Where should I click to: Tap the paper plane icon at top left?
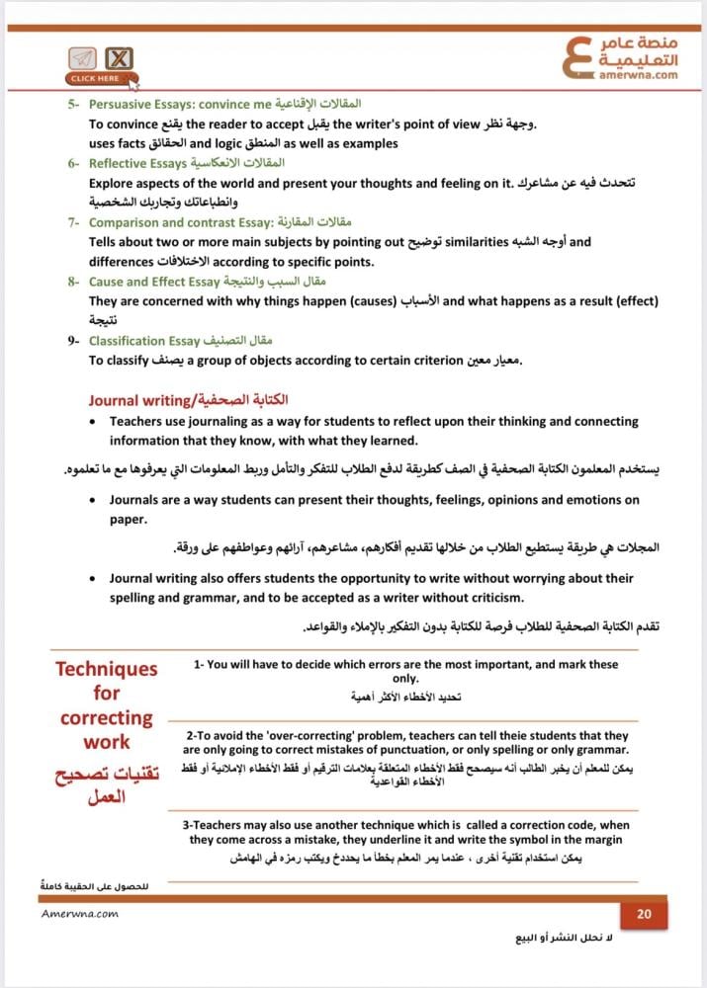click(83, 58)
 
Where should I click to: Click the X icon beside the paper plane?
click(119, 58)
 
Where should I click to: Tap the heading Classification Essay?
click(144, 341)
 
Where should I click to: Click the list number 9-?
click(74, 341)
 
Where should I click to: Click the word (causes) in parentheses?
click(361, 301)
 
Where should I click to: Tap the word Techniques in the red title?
click(106, 669)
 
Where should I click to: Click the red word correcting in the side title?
click(106, 718)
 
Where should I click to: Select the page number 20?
click(644, 914)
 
